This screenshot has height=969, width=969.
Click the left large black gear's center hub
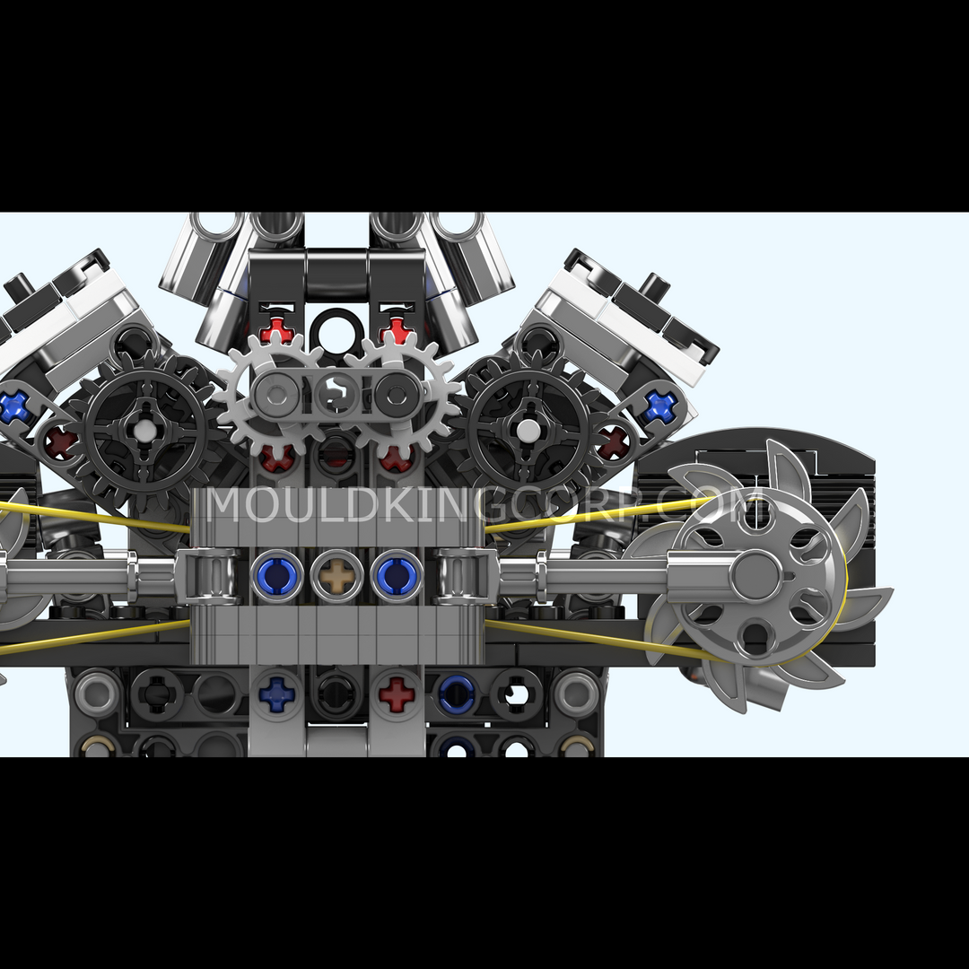pyautogui.click(x=144, y=431)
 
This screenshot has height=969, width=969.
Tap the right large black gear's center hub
pyautogui.click(x=528, y=431)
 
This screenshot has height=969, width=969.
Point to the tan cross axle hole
pyautogui.click(x=336, y=576)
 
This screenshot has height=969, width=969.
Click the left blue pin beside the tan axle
pyautogui.click(x=276, y=576)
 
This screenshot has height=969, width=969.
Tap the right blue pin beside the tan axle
pyautogui.click(x=397, y=576)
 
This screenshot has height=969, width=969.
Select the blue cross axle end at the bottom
pyautogui.click(x=276, y=694)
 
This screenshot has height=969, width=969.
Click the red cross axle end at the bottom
pyautogui.click(x=397, y=694)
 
